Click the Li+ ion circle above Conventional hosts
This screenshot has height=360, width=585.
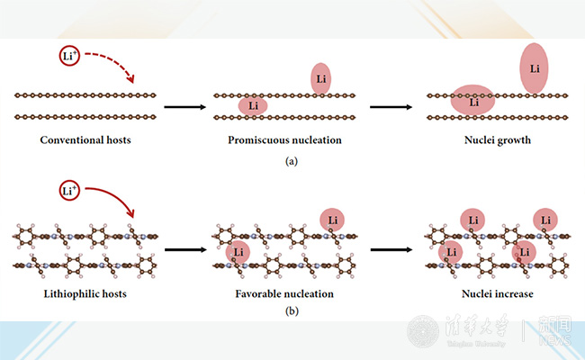68,57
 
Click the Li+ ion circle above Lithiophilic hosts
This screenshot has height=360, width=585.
68,191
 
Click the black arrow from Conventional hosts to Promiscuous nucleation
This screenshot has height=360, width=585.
184,106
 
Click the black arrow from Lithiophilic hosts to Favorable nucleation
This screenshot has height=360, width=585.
184,248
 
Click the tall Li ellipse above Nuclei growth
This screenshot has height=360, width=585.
535,67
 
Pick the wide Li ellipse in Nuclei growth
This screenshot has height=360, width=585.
473,101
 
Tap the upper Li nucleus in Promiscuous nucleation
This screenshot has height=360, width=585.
321,79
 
